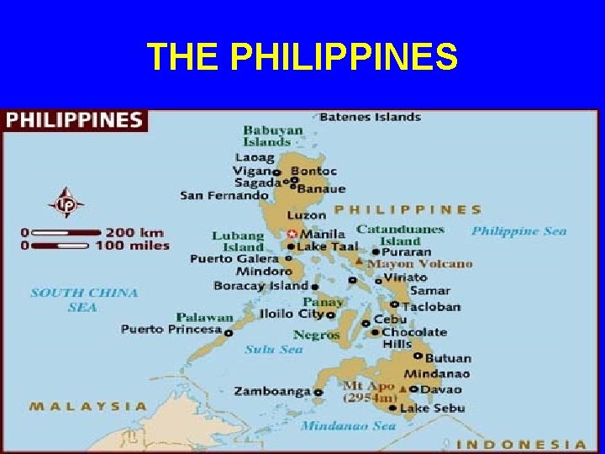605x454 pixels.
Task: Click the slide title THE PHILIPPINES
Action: click(302, 57)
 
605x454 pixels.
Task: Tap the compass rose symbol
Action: click(66, 203)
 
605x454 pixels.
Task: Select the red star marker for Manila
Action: click(292, 234)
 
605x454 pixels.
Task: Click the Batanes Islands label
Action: click(370, 117)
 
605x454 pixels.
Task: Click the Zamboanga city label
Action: click(272, 391)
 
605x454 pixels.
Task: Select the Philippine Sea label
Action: click(518, 231)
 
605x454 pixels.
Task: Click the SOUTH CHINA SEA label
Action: click(84, 300)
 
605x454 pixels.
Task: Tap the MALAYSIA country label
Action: click(88, 407)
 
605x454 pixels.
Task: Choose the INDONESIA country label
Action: click(526, 444)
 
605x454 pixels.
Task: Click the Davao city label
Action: click(440, 389)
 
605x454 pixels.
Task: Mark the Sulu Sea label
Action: click(273, 349)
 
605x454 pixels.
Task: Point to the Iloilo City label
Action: click(291, 314)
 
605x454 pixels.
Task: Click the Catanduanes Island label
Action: click(400, 235)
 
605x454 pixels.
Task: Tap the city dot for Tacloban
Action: click(393, 305)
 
